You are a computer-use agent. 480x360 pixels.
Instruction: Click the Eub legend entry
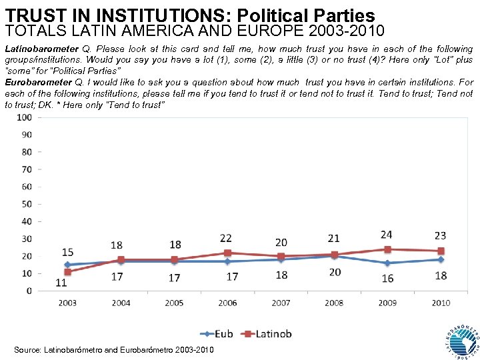pos(220,333)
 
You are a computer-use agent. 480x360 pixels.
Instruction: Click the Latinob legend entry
pos(266,333)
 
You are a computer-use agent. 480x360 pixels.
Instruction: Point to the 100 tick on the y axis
pos(25,117)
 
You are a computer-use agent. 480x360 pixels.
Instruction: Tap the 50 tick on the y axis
pos(27,204)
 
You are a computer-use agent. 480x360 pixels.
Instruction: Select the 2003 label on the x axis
pos(67,303)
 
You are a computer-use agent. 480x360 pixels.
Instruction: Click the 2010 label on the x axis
pos(441,303)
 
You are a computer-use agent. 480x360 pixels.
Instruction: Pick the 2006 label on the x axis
pos(227,303)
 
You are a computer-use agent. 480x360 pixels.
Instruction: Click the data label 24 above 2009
pos(386,235)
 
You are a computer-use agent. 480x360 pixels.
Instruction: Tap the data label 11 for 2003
pos(61,283)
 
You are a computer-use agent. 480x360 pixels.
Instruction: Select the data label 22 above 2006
pos(226,238)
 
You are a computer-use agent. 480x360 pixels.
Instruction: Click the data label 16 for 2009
pos(388,278)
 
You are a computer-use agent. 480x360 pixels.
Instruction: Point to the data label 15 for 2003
pos(67,252)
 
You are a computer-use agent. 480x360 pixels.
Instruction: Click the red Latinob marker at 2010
pos(441,251)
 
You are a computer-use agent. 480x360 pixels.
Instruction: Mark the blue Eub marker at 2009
pos(387,263)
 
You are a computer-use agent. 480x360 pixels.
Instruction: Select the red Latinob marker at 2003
pos(67,272)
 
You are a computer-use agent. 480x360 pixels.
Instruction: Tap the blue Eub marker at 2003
pos(67,265)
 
